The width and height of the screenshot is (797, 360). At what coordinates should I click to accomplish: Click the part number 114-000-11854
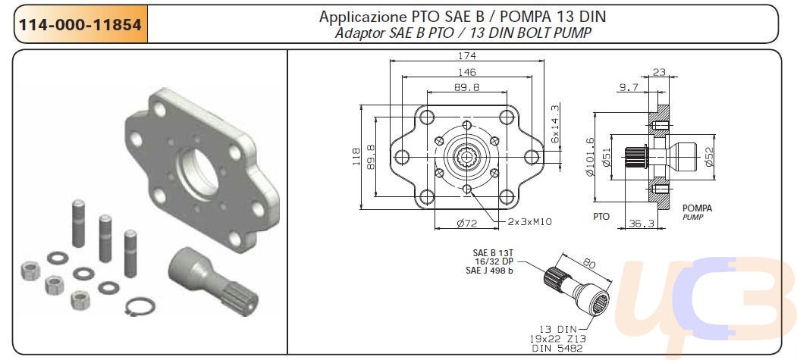coord(80,24)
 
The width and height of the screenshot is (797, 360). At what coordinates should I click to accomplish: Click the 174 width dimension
coord(466,56)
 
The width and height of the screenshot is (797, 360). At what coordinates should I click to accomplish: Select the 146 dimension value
coord(466,73)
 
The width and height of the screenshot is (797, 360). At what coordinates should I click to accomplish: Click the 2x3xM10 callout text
coord(529,221)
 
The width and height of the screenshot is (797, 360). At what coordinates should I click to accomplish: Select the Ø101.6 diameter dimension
coord(590,157)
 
